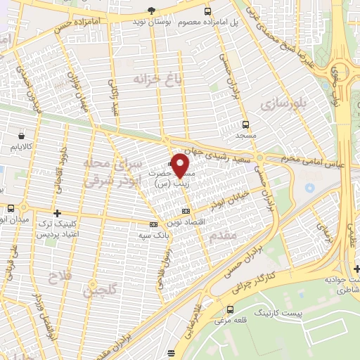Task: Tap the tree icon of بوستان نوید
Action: pos(151,11)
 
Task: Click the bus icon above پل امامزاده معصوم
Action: pos(207,11)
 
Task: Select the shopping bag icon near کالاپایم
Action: pos(22,136)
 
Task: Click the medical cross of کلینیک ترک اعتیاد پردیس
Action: pos(57,212)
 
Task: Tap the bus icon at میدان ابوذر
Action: pos(11,208)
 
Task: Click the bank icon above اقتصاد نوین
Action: pos(186,211)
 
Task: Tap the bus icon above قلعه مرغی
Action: pos(231,309)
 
